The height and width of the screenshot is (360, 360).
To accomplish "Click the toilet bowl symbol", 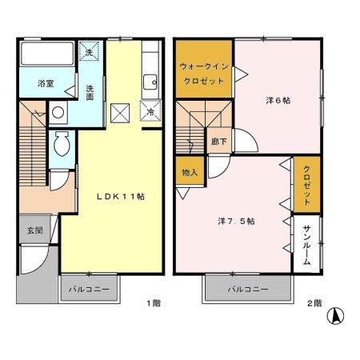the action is (x=62, y=143).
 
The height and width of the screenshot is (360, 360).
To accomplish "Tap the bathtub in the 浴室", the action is (x=47, y=54).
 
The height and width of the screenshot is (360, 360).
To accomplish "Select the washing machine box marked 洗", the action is (x=89, y=51).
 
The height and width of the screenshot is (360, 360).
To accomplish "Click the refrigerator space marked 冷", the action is (x=151, y=110).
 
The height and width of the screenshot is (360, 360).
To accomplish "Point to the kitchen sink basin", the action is (x=150, y=82).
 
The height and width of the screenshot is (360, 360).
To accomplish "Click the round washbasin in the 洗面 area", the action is (x=58, y=112).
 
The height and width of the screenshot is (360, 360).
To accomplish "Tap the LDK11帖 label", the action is (x=121, y=197).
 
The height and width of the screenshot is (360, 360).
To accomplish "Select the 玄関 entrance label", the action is (x=35, y=230).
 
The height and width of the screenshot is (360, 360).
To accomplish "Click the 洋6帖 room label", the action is (x=278, y=101).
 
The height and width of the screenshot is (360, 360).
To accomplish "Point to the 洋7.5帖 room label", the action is (x=236, y=221).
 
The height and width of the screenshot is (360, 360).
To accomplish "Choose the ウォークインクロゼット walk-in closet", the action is (x=204, y=69).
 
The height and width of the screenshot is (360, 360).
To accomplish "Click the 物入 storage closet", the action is (x=190, y=170).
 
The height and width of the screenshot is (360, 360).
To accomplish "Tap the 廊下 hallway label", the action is (x=219, y=142).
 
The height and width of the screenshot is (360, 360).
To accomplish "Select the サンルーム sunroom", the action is (x=306, y=244).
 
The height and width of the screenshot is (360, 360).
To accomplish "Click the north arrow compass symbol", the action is (x=335, y=316).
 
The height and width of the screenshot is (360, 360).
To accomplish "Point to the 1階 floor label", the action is (x=154, y=303).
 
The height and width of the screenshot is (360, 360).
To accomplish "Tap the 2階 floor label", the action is (x=314, y=303).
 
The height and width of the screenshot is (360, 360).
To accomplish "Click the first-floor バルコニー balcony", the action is (x=90, y=289).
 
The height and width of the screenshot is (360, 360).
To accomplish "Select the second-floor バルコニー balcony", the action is (x=248, y=289).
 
